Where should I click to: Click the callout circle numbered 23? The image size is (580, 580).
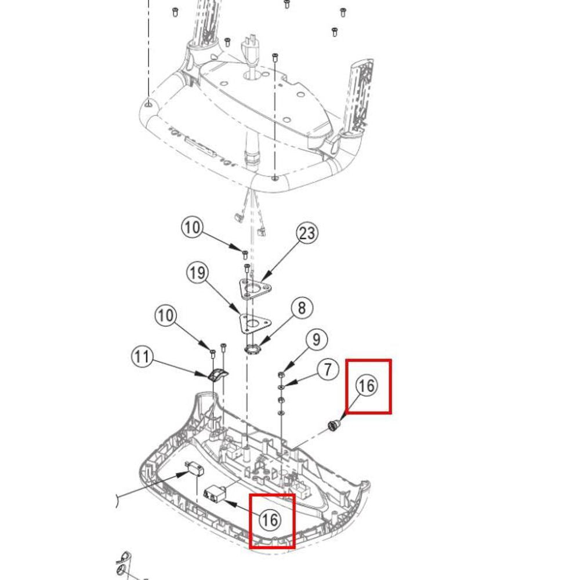(x=307, y=233)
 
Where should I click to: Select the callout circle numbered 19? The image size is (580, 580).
(x=197, y=273)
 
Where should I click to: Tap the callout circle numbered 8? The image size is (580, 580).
(x=302, y=308)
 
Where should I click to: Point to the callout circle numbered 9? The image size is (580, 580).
(x=316, y=339)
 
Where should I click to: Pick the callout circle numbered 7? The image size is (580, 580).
(x=328, y=369)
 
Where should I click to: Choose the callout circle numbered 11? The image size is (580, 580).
(x=143, y=357)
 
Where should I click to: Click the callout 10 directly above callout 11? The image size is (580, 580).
(x=165, y=316)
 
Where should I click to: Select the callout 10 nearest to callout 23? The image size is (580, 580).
(x=193, y=227)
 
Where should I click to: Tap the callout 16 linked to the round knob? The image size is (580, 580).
(x=367, y=386)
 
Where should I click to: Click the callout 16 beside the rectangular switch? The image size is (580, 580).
(x=270, y=520)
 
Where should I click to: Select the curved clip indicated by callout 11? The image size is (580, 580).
(x=217, y=375)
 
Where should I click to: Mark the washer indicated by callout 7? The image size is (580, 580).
(x=281, y=387)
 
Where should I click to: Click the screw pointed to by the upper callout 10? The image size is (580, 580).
(x=245, y=255)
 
